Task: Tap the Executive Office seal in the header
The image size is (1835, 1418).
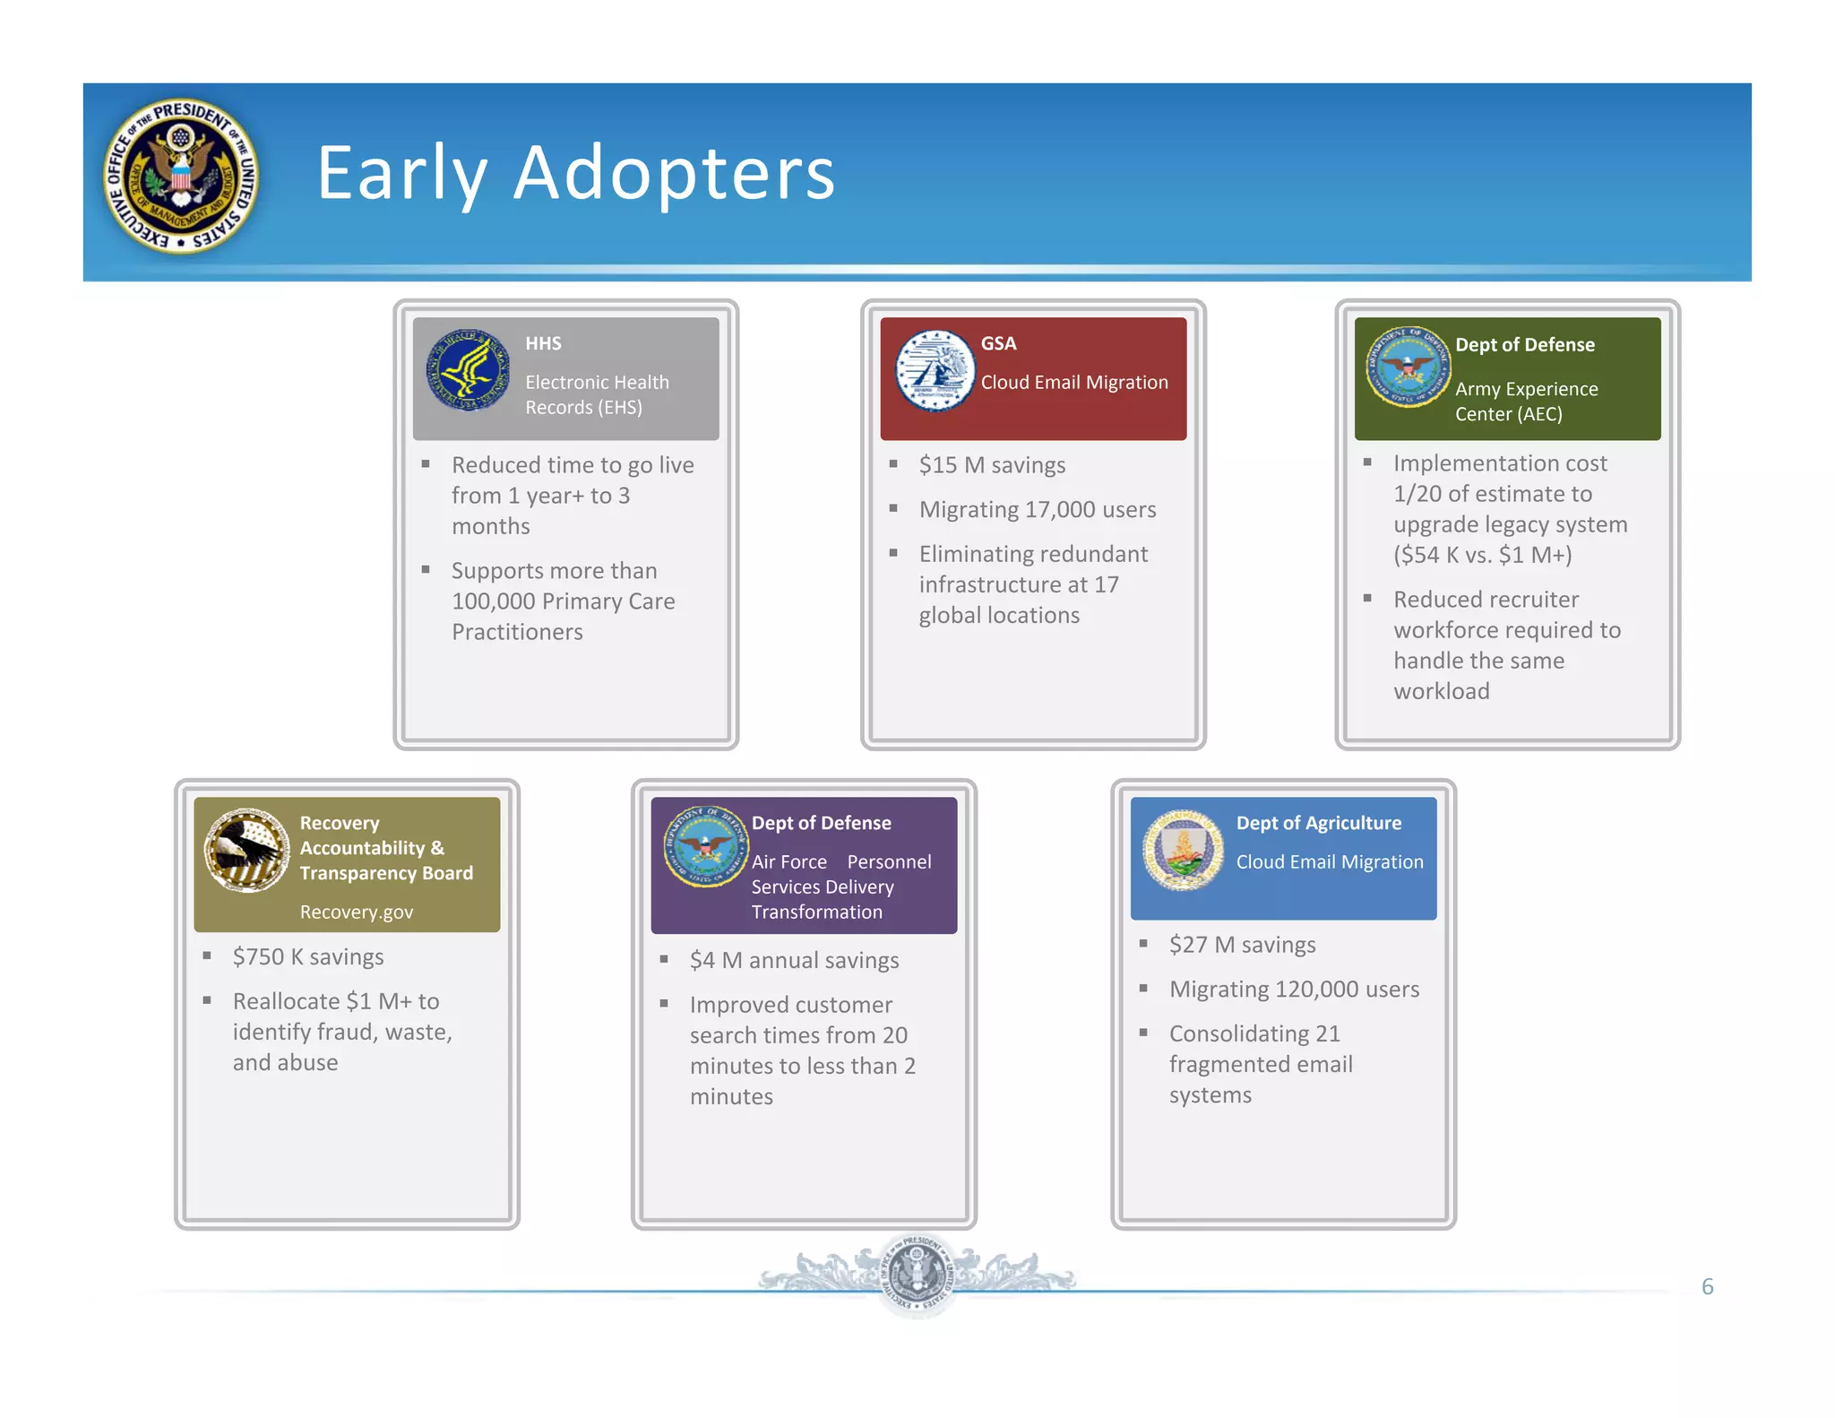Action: [x=182, y=176]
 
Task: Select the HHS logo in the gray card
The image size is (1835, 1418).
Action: [x=468, y=370]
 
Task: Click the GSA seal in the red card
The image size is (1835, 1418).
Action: [x=935, y=370]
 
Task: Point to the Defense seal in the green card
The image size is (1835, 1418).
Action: [x=1408, y=367]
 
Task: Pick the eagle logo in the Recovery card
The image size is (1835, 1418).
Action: [x=246, y=850]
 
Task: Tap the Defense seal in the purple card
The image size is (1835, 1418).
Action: [x=705, y=846]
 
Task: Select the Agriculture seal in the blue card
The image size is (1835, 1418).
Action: [x=1183, y=849]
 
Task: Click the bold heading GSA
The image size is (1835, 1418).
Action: [x=998, y=343]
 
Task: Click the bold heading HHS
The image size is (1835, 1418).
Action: [x=543, y=343]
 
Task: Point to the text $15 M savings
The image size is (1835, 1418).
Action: [x=992, y=465]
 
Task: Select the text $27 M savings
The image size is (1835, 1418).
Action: [x=1242, y=945]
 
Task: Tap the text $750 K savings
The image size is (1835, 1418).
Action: [x=308, y=957]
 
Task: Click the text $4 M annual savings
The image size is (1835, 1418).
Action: [x=794, y=961]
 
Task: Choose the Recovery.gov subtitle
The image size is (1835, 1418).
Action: [x=357, y=912]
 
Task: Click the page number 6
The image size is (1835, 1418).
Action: [x=1707, y=1287]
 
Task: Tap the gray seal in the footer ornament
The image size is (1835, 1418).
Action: [x=917, y=1274]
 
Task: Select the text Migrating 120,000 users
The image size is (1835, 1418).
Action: [x=1294, y=990]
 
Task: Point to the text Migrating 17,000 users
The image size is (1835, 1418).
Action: [x=1038, y=510]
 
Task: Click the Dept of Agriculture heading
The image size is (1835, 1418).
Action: [x=1318, y=823]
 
